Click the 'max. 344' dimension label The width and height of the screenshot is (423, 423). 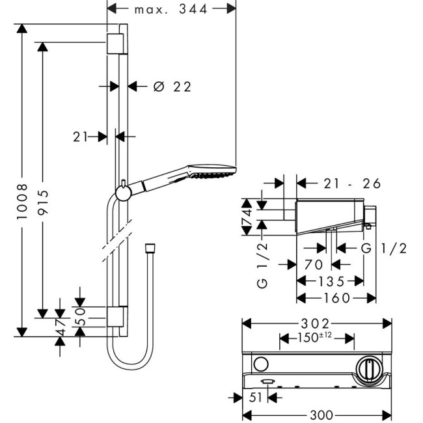(171, 9)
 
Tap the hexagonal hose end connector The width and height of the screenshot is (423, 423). (148, 249)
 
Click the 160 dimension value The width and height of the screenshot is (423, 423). (336, 298)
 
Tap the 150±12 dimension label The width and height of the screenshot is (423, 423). (316, 338)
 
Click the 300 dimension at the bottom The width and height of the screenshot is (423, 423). (318, 414)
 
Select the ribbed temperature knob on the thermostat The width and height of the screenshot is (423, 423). (369, 369)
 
